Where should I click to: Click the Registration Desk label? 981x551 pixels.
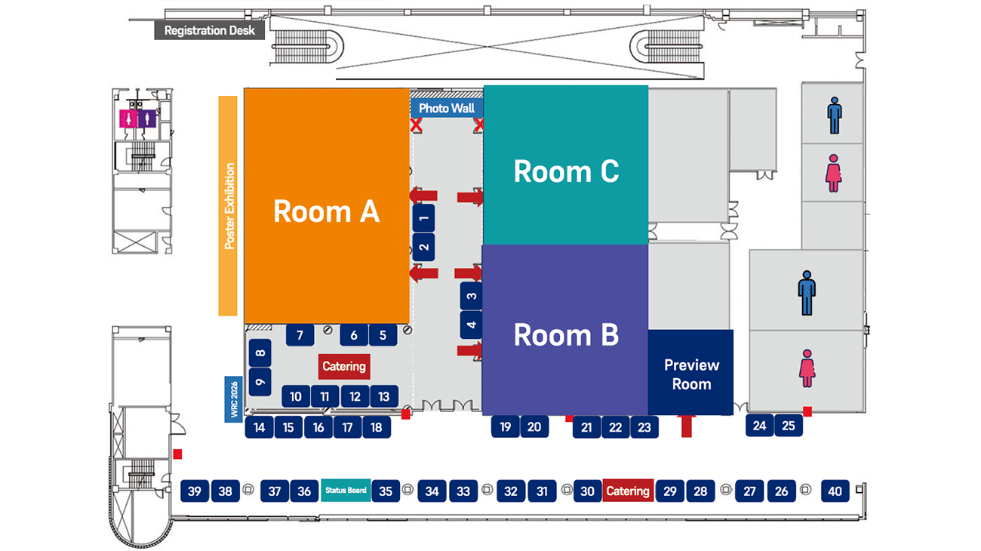coord(210,31)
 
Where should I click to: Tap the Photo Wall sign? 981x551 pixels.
coord(447,108)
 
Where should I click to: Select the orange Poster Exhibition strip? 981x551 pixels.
coord(228,205)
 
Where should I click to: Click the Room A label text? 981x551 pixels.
coord(326,211)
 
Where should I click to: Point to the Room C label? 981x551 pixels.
coord(566,171)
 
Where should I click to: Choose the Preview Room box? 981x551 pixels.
coord(690,373)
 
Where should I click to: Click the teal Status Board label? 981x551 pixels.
coord(346,491)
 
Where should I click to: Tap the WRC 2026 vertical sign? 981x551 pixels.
coord(234,399)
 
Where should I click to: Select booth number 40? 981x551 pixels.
coord(835,491)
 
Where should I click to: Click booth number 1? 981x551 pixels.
coord(424,218)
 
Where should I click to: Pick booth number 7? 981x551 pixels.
coord(300,335)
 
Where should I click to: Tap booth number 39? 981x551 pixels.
coord(195,491)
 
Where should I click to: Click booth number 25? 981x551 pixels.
coord(788,426)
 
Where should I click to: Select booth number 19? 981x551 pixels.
coord(505,426)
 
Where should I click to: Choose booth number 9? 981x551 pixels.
coord(260,382)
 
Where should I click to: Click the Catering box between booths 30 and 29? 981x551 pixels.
coord(628,491)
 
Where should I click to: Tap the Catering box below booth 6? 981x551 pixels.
coord(344,366)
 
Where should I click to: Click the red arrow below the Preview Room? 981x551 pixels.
coord(686,426)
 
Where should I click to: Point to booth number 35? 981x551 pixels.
coord(386,491)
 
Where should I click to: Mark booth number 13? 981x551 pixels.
coord(383,396)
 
